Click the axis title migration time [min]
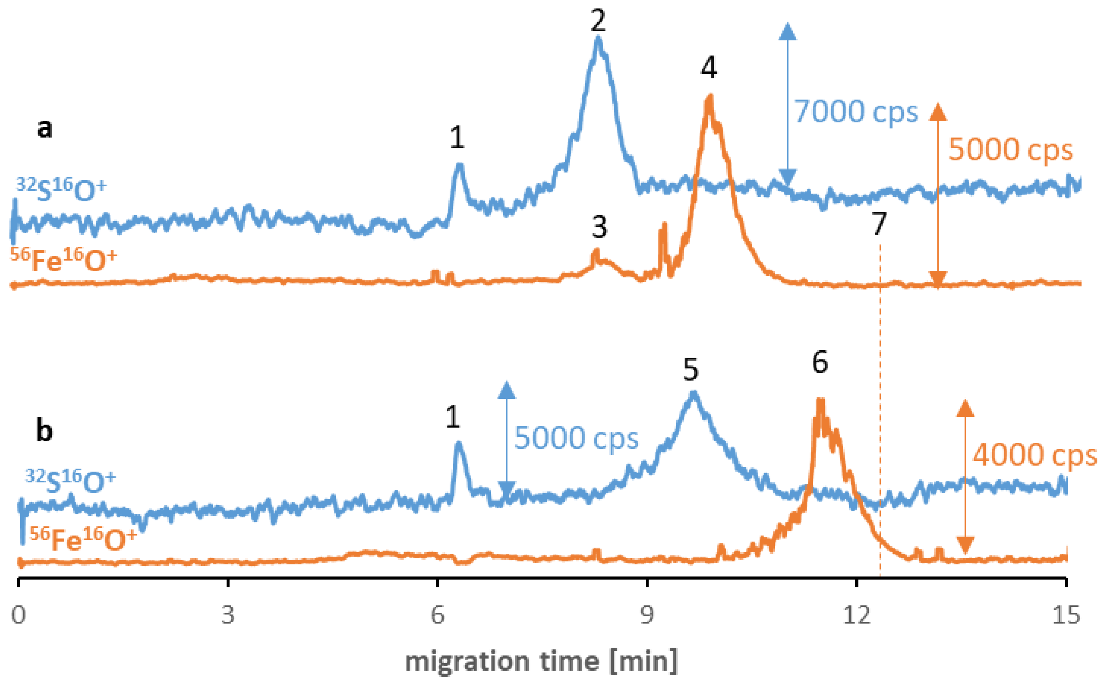click(541, 661)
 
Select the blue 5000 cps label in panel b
click(576, 438)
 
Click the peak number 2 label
click(598, 20)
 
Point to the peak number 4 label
click(709, 68)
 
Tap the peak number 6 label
click(820, 362)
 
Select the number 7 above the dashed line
click(879, 224)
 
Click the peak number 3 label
click(599, 227)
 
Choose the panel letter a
click(44, 129)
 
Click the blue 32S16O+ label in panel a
click(61, 189)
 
